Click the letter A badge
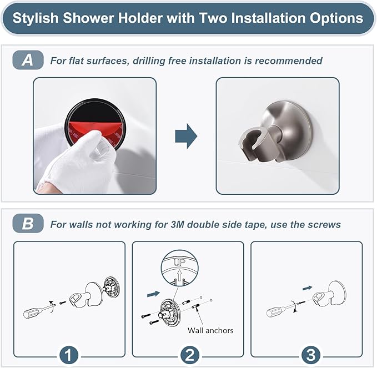tap(27, 61)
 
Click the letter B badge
tap(27, 224)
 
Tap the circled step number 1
tap(68, 354)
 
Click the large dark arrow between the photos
tap(186, 137)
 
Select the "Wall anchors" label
tap(210, 330)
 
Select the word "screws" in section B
tap(325, 224)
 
